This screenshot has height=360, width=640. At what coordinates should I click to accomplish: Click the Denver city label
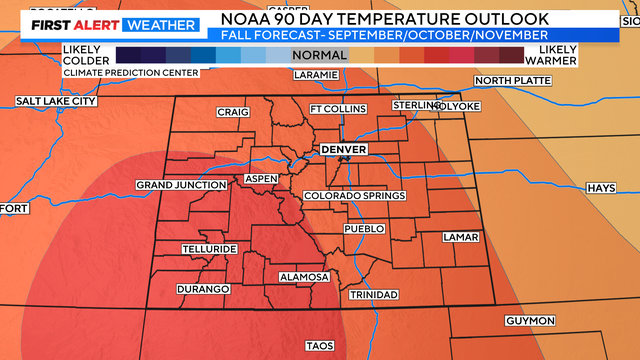pyautogui.click(x=343, y=149)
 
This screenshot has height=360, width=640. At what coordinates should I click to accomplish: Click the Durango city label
pyautogui.click(x=203, y=289)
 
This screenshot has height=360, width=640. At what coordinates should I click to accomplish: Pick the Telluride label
pyautogui.click(x=208, y=248)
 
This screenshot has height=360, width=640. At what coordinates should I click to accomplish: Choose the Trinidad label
pyautogui.click(x=374, y=294)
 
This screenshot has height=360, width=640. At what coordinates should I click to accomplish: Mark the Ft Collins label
pyautogui.click(x=333, y=109)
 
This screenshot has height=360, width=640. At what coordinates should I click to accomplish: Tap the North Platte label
pyautogui.click(x=511, y=81)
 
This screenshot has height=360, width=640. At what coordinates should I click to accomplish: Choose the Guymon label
pyautogui.click(x=530, y=321)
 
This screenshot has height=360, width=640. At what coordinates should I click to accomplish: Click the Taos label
pyautogui.click(x=319, y=346)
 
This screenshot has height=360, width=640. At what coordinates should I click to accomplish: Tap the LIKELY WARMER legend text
pyautogui.click(x=558, y=55)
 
